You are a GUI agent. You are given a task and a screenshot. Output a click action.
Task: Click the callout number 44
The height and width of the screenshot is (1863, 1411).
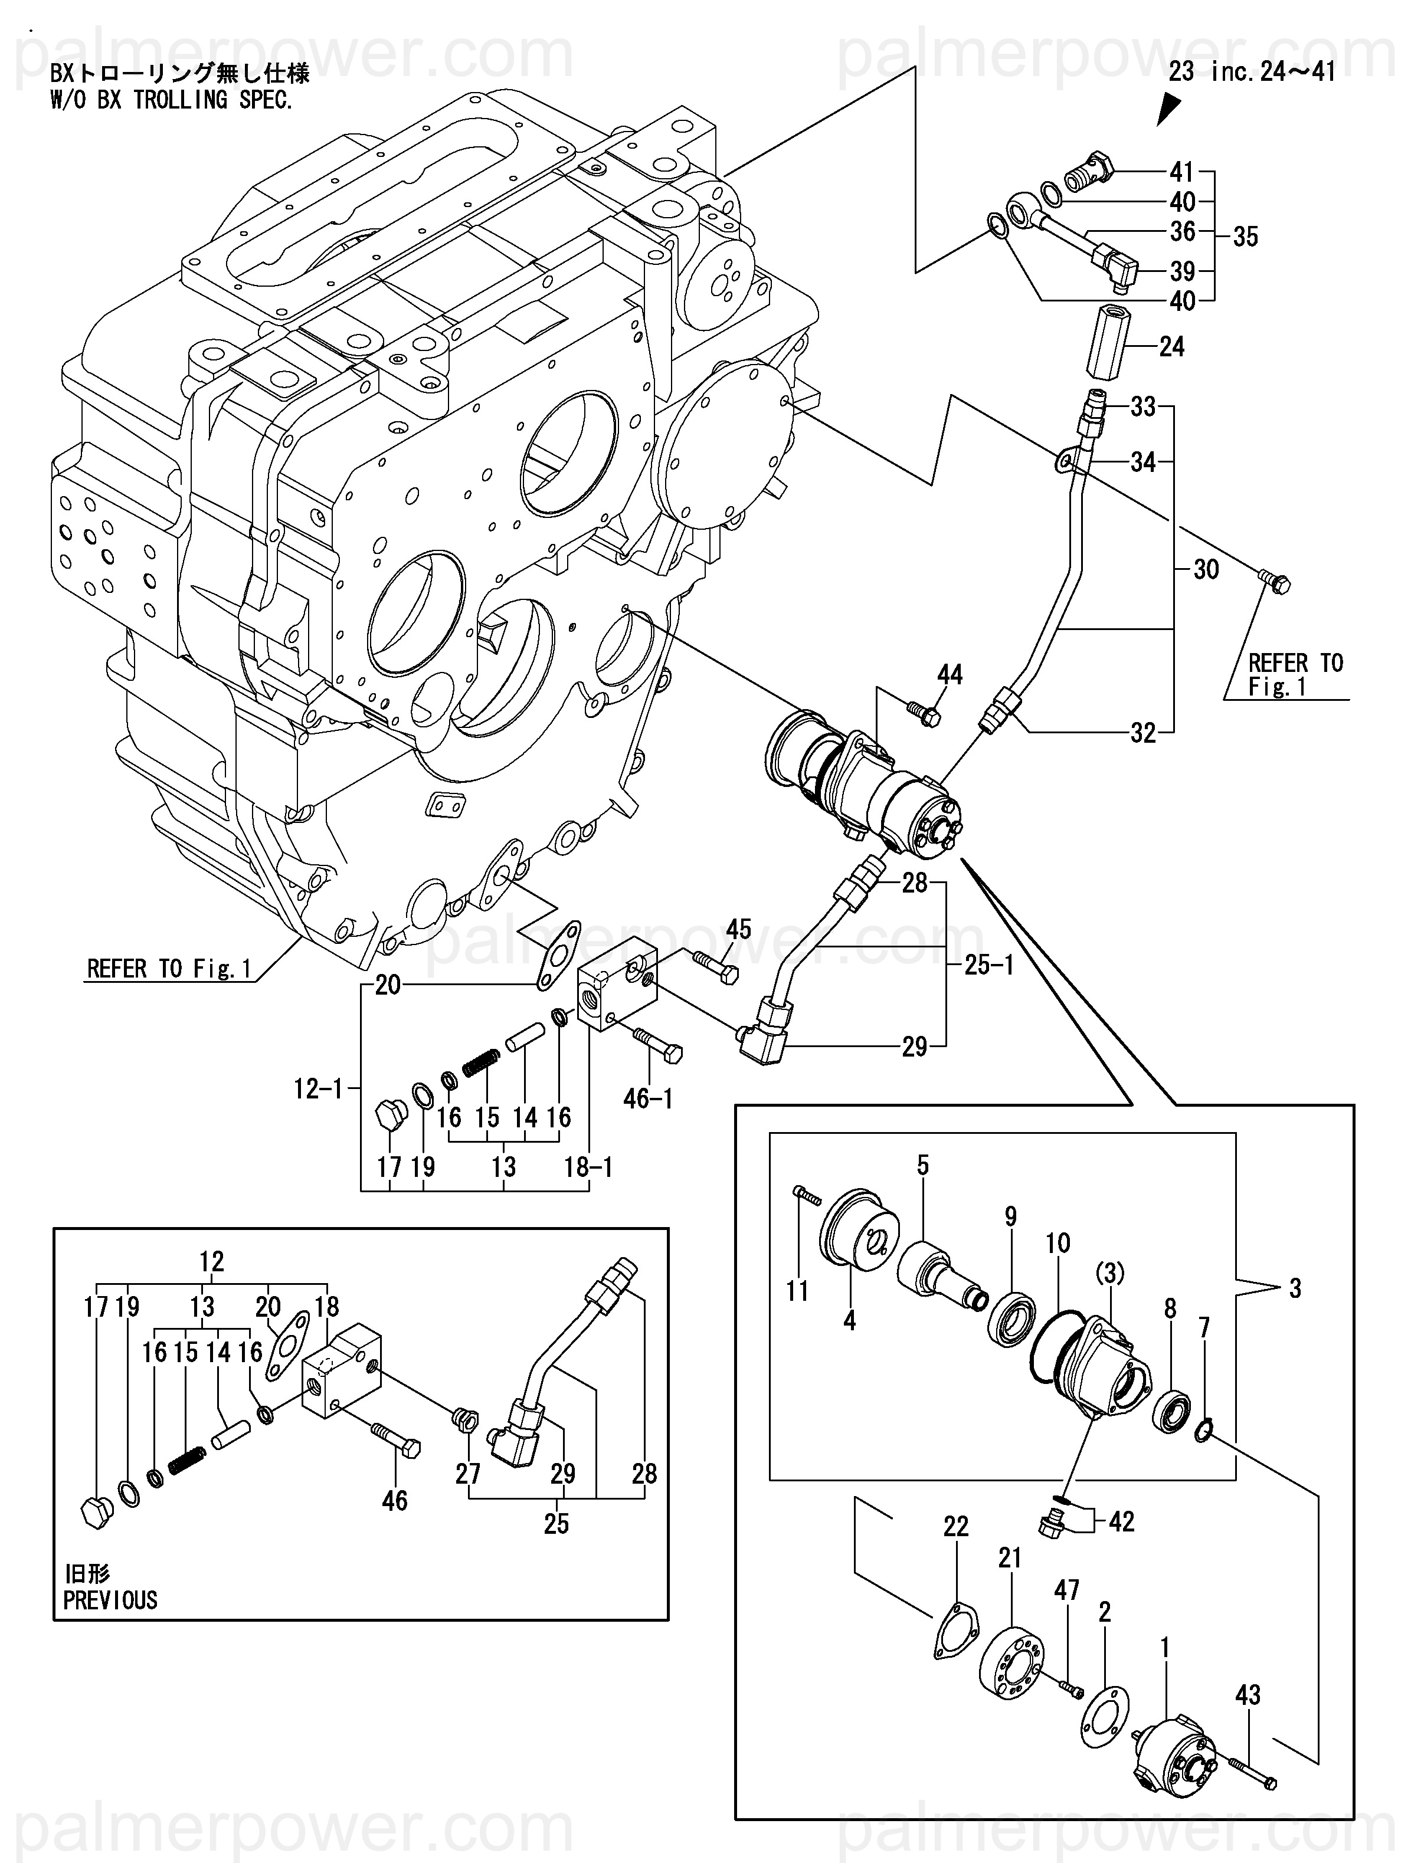(x=950, y=675)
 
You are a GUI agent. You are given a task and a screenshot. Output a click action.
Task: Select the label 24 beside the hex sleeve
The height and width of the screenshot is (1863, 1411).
(x=1171, y=347)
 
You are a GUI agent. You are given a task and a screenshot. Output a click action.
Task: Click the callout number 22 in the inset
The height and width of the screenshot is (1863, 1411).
(x=955, y=1526)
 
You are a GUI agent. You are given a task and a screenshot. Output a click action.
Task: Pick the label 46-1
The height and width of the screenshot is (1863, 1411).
(x=648, y=1098)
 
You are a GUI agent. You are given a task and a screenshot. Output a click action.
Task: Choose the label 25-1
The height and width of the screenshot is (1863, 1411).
(x=989, y=965)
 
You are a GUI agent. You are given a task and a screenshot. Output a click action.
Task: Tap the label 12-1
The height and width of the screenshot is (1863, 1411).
(x=319, y=1089)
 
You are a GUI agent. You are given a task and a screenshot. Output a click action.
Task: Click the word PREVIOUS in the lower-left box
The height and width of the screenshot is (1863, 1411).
(x=110, y=1600)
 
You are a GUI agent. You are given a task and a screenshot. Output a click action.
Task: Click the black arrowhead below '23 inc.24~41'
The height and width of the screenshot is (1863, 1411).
(x=1168, y=109)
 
